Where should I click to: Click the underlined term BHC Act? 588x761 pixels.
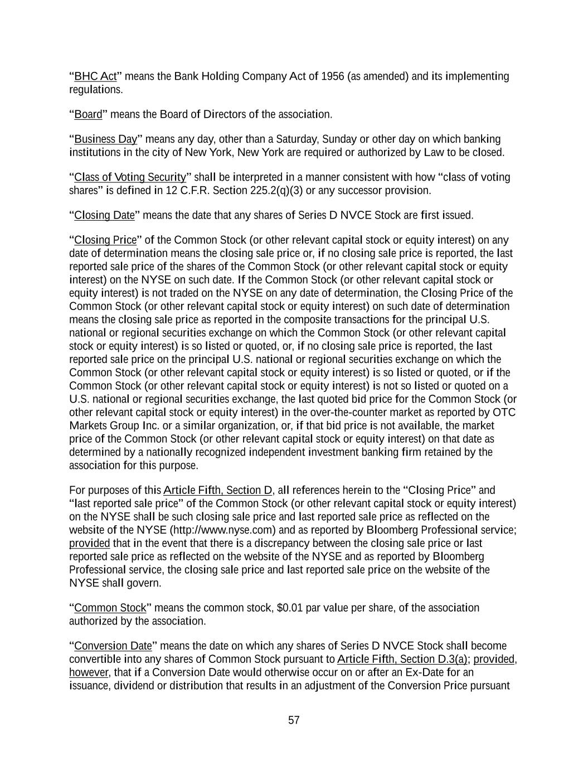(95, 76)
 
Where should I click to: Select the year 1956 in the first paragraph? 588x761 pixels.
(333, 76)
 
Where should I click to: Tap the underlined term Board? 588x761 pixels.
(88, 115)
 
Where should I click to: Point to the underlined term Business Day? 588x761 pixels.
(105, 139)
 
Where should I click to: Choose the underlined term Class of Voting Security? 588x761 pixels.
(130, 178)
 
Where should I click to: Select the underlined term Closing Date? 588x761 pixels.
(104, 216)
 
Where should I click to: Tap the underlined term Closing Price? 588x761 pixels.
(105, 240)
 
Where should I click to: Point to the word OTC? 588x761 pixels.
(504, 413)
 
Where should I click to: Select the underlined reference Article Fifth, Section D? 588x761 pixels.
(218, 491)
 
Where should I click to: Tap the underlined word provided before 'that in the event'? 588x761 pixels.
(89, 544)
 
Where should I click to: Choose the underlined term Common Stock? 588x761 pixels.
(110, 608)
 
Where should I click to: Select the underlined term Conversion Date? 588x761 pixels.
(113, 646)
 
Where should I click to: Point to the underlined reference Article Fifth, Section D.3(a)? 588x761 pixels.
(402, 660)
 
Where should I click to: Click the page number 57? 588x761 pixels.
(294, 720)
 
